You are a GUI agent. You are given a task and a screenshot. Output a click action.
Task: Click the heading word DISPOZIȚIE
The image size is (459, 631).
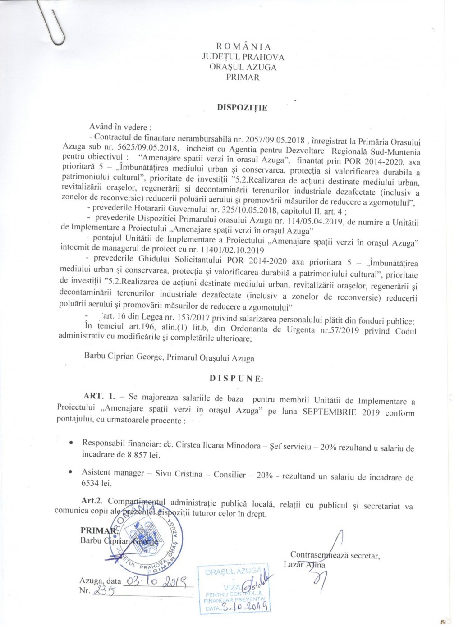[x=243, y=108]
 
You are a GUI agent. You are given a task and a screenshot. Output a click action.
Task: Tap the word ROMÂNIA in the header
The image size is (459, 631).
[x=243, y=47]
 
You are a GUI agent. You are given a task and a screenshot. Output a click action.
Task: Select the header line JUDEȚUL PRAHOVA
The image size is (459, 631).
[x=243, y=57]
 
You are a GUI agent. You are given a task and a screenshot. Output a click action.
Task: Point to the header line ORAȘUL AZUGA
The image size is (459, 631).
[x=243, y=67]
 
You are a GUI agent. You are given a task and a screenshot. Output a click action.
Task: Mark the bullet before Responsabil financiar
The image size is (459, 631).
[x=71, y=444]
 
